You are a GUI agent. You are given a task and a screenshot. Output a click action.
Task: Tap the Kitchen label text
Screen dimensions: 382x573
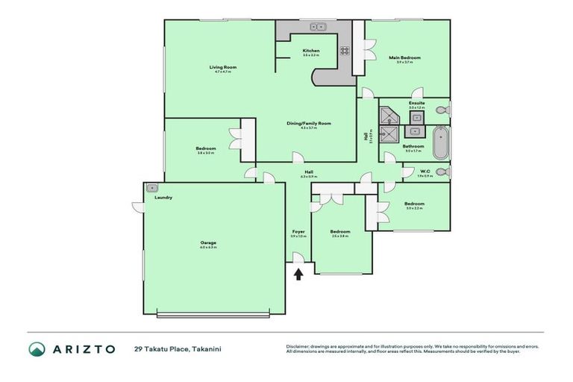tap(310, 51)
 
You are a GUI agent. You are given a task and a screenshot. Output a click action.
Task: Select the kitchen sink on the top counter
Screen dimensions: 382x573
tap(319, 27)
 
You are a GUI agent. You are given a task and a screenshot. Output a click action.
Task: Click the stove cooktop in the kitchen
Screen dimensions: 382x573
tap(345, 51)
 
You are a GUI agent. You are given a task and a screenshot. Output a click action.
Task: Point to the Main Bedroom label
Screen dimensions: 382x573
tap(405, 57)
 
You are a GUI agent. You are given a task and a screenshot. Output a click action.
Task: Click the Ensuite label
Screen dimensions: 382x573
tap(416, 103)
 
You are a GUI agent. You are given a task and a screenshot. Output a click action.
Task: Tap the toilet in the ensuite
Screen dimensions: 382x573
tap(443, 110)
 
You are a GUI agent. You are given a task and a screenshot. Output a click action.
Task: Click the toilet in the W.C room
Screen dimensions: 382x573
tap(443, 172)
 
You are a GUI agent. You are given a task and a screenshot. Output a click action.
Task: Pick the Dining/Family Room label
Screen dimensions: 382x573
tap(309, 123)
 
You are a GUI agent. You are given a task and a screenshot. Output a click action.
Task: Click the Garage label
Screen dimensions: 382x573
tap(207, 242)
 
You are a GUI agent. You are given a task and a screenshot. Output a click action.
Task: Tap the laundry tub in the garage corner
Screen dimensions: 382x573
tap(152, 188)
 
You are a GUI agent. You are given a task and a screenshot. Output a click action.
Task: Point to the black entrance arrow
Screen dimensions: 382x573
tap(298, 274)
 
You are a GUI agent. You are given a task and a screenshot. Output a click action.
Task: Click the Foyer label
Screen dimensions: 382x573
tap(298, 232)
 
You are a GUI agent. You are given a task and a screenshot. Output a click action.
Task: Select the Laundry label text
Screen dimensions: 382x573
tap(163, 198)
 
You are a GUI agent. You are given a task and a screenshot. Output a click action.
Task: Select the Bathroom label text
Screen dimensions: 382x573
tap(413, 146)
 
